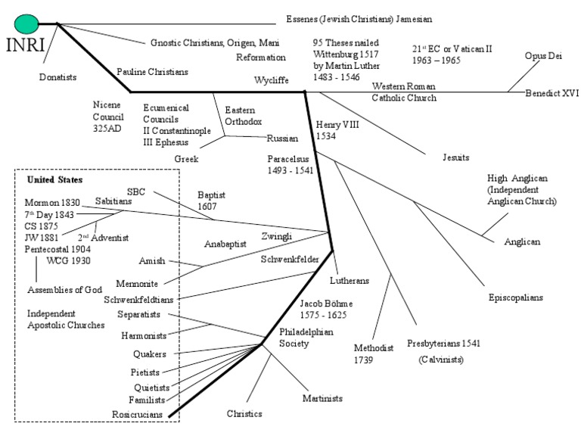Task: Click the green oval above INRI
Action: click(x=26, y=24)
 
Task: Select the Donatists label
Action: click(x=58, y=76)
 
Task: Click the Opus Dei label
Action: click(x=543, y=56)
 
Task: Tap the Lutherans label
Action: click(x=349, y=280)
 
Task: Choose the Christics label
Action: click(x=244, y=413)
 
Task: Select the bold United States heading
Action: click(x=54, y=180)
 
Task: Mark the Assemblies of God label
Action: click(x=62, y=289)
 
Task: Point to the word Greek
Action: click(x=186, y=159)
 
